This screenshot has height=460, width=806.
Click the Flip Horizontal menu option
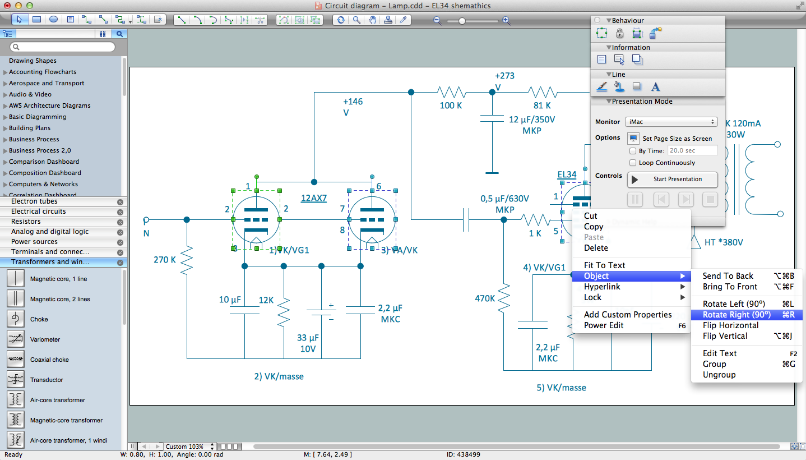point(730,325)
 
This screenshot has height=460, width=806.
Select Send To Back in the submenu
point(728,276)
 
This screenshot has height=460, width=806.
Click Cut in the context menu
point(590,216)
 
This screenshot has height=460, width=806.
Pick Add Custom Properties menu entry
point(627,315)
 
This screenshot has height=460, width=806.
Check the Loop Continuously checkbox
point(633,163)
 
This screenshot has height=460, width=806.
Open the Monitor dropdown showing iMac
point(672,122)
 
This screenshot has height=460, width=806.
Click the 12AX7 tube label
point(314,198)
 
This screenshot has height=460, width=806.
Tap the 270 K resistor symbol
point(187,260)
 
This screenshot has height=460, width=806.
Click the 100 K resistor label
point(451,105)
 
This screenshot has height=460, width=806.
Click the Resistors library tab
point(26,222)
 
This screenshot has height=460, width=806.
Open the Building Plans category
point(29,128)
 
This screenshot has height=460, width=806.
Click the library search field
point(66,47)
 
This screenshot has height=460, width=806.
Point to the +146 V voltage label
point(353,107)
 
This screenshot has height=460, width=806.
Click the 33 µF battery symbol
point(321,312)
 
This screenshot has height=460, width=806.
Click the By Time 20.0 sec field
point(692,151)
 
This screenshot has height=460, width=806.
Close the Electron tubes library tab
point(120,202)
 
